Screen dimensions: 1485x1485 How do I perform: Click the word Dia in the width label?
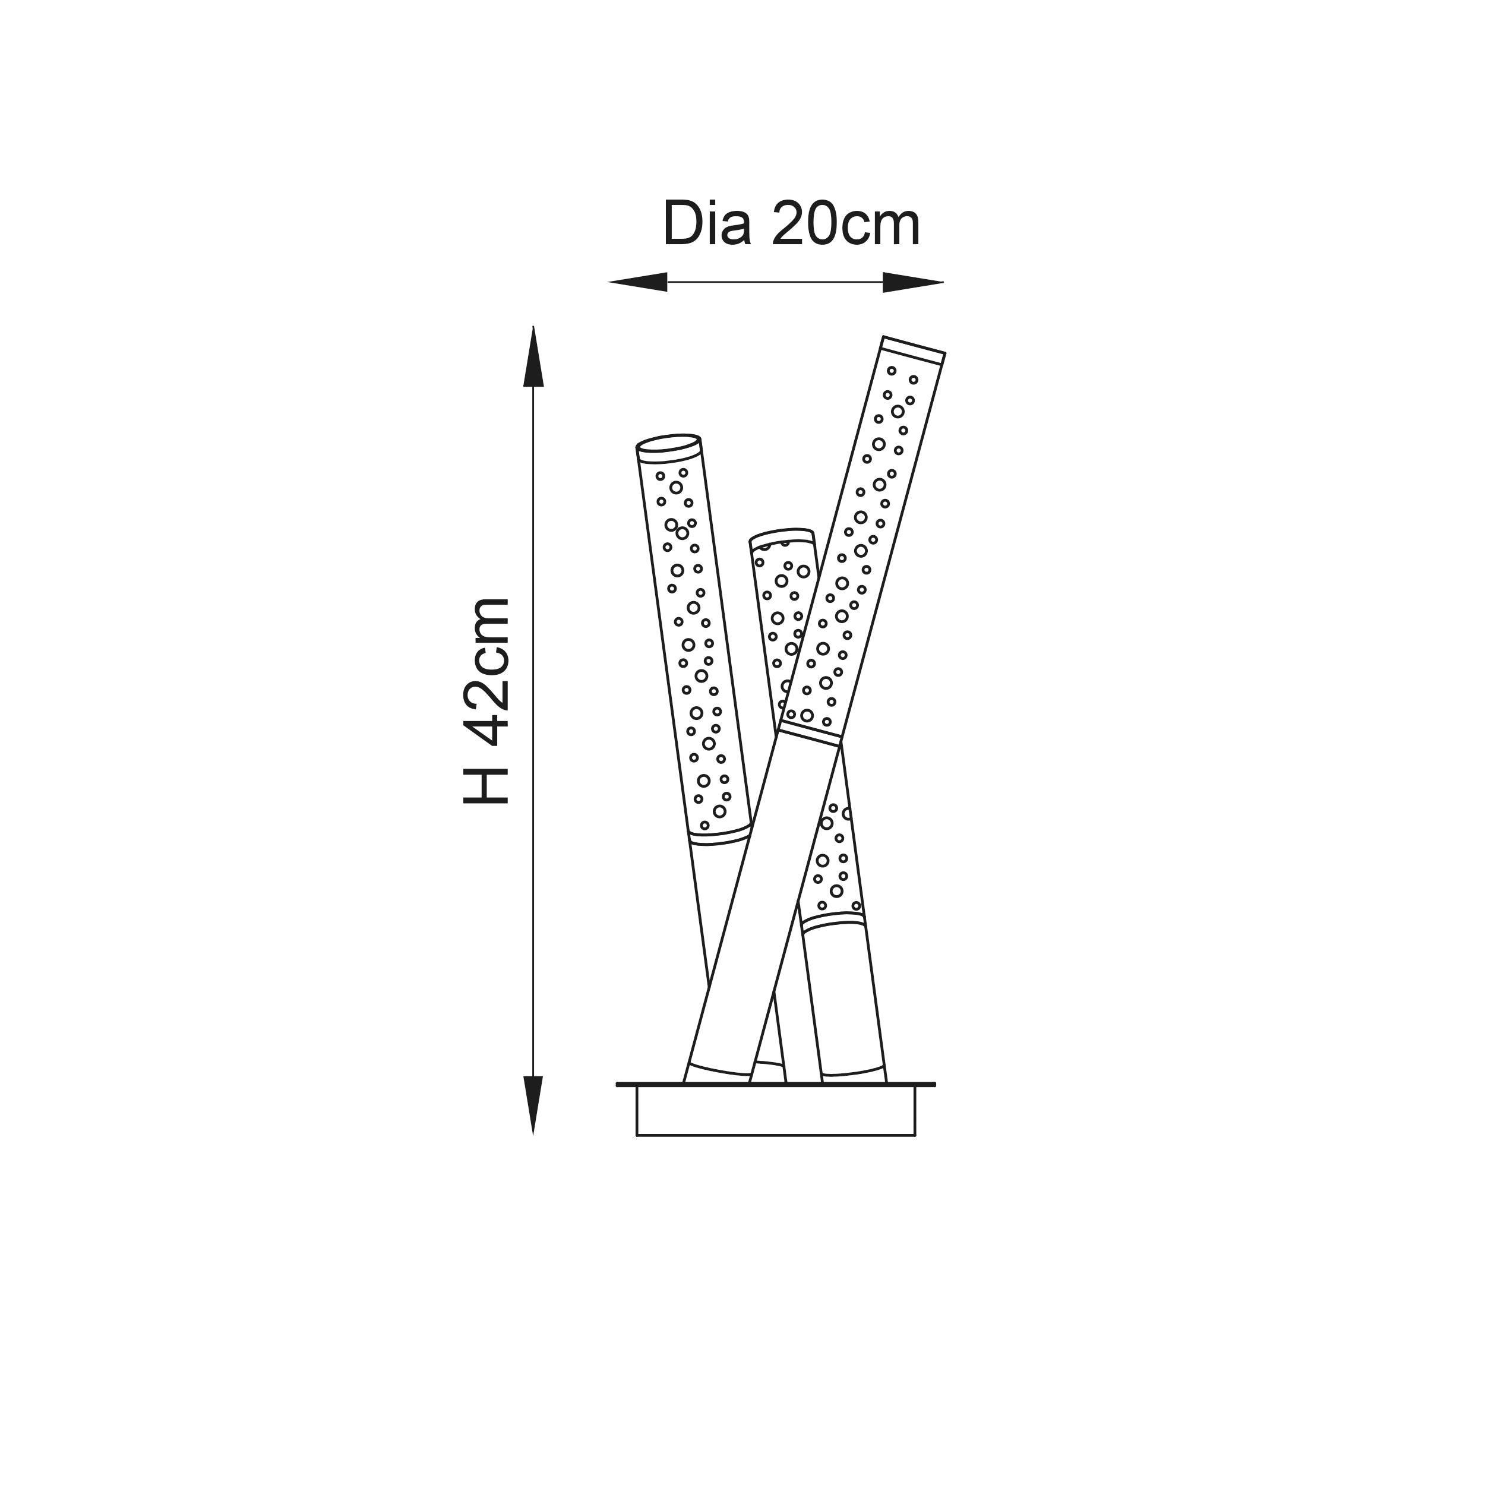(706, 225)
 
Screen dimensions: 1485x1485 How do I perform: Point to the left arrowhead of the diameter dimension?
(637, 282)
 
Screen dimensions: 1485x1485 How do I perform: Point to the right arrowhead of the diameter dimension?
(913, 282)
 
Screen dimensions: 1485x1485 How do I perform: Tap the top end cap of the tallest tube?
(913, 350)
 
